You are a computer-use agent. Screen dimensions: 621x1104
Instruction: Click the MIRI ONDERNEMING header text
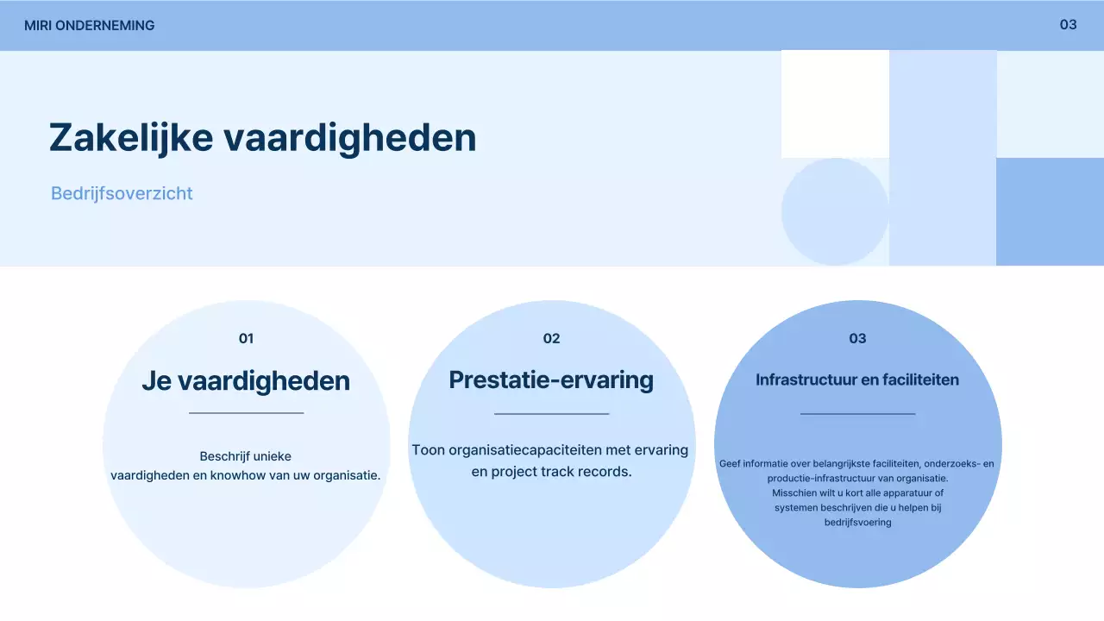pyautogui.click(x=89, y=26)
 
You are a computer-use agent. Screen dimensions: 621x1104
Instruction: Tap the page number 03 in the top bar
pyautogui.click(x=1068, y=25)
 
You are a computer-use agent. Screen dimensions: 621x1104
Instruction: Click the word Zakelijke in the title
pyautogui.click(x=130, y=138)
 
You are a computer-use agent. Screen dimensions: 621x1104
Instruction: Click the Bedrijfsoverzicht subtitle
pyautogui.click(x=122, y=193)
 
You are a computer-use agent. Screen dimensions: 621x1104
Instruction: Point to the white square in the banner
pyautogui.click(x=835, y=103)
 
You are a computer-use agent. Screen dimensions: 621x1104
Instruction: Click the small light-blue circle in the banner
pyautogui.click(x=835, y=211)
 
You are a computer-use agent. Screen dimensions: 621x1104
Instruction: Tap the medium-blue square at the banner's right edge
pyautogui.click(x=1050, y=211)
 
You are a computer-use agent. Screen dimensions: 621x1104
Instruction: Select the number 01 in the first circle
pyautogui.click(x=247, y=339)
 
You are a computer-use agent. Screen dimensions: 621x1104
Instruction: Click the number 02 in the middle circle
pyautogui.click(x=552, y=339)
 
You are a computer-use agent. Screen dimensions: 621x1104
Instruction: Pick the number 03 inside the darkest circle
pyautogui.click(x=857, y=339)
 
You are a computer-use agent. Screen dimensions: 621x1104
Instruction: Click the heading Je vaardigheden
pyautogui.click(x=246, y=381)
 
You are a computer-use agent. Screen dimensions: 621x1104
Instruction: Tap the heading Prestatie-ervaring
pyautogui.click(x=551, y=380)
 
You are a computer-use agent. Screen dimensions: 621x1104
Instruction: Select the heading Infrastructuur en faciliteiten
pyautogui.click(x=857, y=380)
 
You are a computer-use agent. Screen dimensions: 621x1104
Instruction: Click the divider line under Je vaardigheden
pyautogui.click(x=247, y=413)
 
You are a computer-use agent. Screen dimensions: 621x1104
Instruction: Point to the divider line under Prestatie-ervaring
pyautogui.click(x=552, y=414)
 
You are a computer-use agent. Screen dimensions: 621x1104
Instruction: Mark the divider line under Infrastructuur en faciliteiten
pyautogui.click(x=857, y=414)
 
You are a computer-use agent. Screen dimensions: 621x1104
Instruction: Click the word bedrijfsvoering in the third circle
pyautogui.click(x=857, y=522)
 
